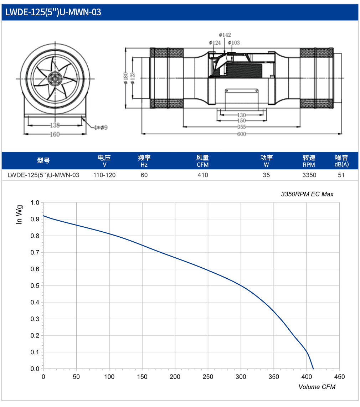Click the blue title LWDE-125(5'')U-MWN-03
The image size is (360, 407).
point(53,12)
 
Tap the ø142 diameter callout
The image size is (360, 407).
point(225,35)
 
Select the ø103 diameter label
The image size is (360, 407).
point(234,42)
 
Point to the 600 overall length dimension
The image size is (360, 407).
point(241,134)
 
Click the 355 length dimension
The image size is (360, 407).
point(241,127)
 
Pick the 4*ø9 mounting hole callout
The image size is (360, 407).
point(101,128)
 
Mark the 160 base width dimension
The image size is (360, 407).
point(55,134)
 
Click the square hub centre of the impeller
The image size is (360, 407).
point(55,79)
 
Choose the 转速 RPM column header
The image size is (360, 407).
point(309,161)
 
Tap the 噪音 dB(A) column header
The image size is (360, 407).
point(341,161)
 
